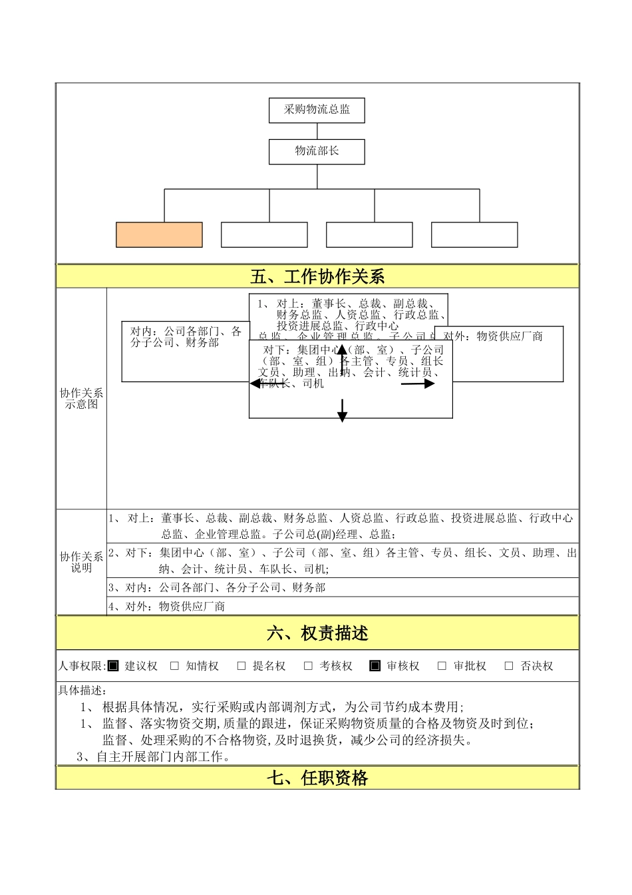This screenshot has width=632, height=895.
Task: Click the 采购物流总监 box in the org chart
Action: click(317, 111)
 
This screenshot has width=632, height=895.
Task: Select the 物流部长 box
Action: click(317, 152)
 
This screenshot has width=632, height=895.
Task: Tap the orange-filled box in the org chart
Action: click(159, 235)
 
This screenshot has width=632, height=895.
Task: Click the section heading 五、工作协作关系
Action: click(317, 276)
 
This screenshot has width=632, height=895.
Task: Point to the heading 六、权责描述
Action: click(317, 633)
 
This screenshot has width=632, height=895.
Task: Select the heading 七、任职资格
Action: click(317, 778)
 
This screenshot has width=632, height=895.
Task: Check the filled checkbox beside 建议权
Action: click(113, 666)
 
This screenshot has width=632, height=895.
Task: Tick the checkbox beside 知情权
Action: click(175, 666)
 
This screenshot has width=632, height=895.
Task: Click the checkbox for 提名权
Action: click(241, 666)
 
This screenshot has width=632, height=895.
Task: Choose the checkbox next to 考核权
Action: click(308, 666)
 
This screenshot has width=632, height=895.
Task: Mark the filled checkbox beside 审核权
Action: click(375, 666)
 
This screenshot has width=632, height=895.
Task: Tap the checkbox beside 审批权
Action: click(442, 666)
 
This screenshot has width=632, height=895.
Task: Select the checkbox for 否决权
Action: click(509, 666)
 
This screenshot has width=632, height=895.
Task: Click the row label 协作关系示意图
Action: click(81, 399)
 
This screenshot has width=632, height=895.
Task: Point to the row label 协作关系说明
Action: click(81, 562)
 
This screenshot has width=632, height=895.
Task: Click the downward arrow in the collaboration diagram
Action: click(342, 410)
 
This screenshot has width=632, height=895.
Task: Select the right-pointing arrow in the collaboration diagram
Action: click(418, 384)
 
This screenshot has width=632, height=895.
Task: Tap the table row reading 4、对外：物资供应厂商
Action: click(342, 607)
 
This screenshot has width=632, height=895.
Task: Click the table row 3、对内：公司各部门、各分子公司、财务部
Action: click(342, 587)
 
